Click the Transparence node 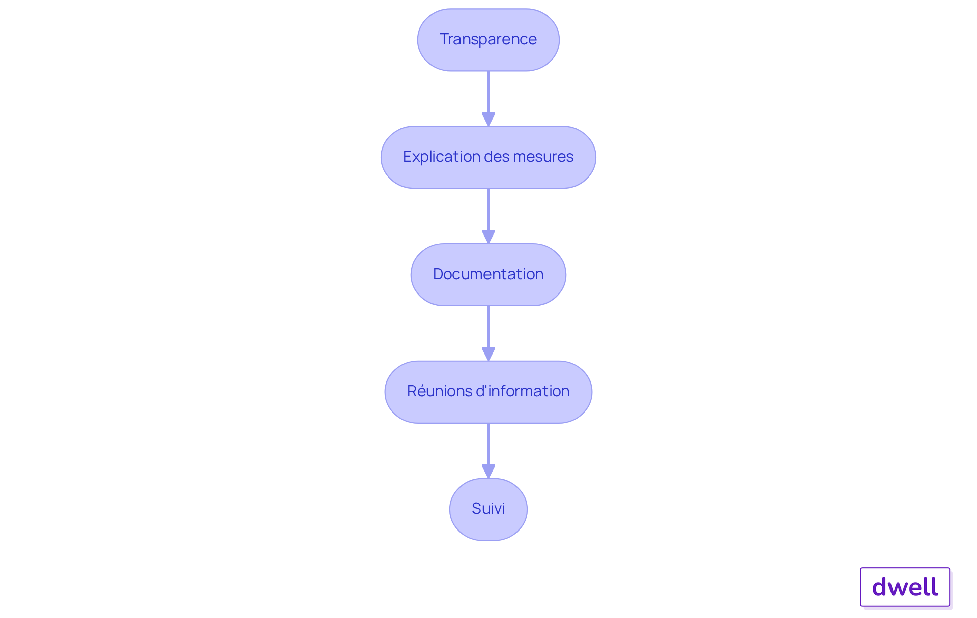tap(489, 40)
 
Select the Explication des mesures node tap(489, 157)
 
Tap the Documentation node tap(489, 275)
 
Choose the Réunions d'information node tap(489, 392)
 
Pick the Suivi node tap(489, 509)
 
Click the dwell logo tap(905, 587)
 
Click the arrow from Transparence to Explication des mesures tap(489, 99)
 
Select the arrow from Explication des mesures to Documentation tap(489, 216)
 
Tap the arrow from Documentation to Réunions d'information tap(489, 334)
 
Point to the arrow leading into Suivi tap(489, 451)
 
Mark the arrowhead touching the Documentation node tap(489, 237)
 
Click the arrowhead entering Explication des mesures tap(489, 120)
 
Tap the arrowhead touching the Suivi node tap(489, 472)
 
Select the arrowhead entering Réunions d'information tap(489, 355)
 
